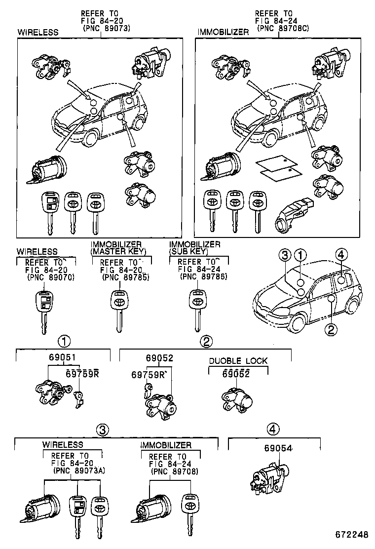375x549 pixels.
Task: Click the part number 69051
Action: pyautogui.click(x=62, y=358)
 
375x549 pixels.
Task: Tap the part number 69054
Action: pyautogui.click(x=278, y=448)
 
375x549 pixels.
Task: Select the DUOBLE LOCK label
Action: pyautogui.click(x=238, y=361)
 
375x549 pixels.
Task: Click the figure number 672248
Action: pyautogui.click(x=351, y=535)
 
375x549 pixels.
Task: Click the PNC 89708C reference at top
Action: pyautogui.click(x=283, y=28)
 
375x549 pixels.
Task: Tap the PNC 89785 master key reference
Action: pyautogui.click(x=126, y=277)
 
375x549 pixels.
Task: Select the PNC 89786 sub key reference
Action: pyautogui.click(x=204, y=277)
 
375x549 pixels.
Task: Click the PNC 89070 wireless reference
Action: pyautogui.click(x=51, y=277)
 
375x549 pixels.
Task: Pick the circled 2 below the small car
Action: pyautogui.click(x=331, y=329)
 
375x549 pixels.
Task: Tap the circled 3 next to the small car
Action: pyautogui.click(x=285, y=255)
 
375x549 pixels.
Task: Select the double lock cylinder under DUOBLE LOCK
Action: pyautogui.click(x=237, y=399)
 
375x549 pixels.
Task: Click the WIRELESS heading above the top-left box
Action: pyautogui.click(x=38, y=33)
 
